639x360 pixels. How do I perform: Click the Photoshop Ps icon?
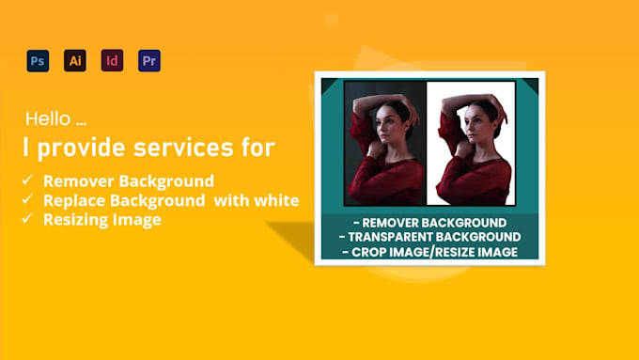click(x=38, y=61)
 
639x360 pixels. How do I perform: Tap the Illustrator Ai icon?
click(x=75, y=61)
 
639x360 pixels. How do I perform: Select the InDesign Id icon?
click(x=112, y=61)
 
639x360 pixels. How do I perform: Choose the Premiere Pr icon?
click(x=148, y=61)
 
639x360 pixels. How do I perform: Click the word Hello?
click(x=47, y=119)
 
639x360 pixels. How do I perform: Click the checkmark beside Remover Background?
click(x=29, y=180)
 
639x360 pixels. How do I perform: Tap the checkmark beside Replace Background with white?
click(x=29, y=200)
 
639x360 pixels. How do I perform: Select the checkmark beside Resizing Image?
click(x=29, y=220)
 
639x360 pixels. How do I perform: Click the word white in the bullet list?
click(x=279, y=200)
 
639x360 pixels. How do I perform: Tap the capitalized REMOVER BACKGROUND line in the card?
click(x=431, y=222)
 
